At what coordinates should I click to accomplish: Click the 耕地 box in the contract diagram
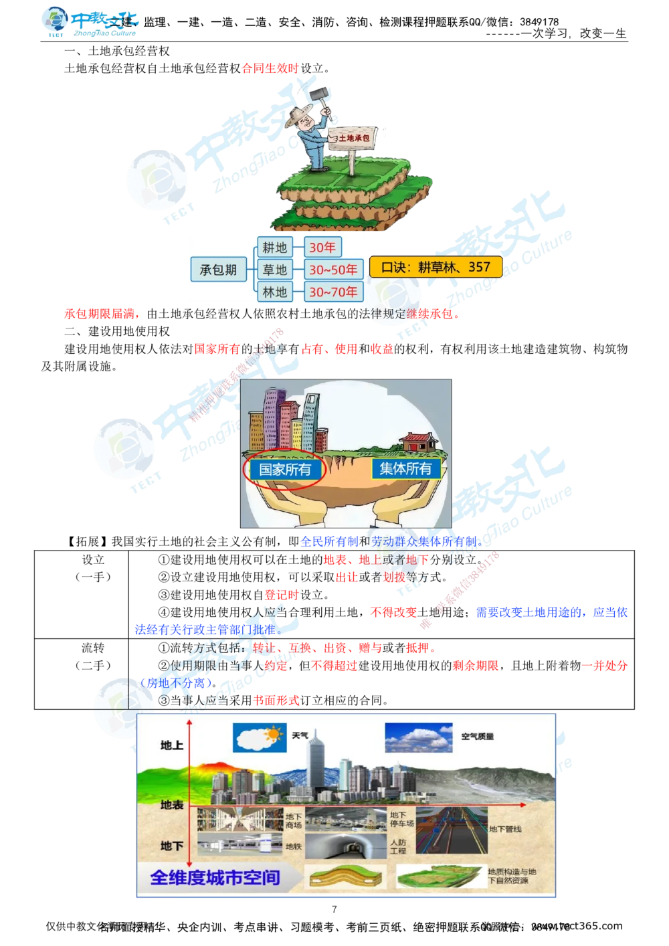pos(274,248)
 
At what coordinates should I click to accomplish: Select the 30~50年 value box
pos(333,270)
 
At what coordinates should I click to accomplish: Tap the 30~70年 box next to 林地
pos(333,292)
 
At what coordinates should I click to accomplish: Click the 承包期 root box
pos(218,270)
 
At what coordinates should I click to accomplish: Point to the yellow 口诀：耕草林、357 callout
pos(436,266)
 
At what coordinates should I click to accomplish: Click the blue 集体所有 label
pos(405,468)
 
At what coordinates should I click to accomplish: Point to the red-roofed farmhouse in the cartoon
pos(419,442)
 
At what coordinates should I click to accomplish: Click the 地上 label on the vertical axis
pos(172,745)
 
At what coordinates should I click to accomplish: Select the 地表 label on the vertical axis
pos(172,804)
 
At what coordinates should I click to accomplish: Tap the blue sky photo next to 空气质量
pos(418,737)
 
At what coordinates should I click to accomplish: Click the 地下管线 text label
pos(505,829)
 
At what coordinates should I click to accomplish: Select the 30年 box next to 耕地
pos(322,248)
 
